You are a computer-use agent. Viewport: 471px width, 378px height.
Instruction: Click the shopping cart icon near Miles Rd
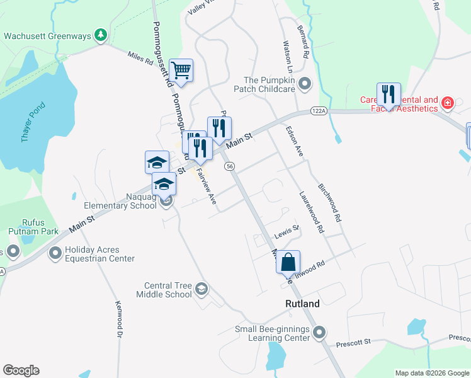point(181,70)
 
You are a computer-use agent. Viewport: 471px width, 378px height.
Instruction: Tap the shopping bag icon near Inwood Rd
point(288,261)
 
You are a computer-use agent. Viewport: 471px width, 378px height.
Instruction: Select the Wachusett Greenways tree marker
point(100,35)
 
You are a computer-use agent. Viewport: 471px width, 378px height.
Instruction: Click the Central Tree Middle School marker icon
point(201,289)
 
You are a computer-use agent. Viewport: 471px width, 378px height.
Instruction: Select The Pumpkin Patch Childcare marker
point(305,84)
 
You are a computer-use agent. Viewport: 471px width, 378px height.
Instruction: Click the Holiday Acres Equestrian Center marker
point(55,253)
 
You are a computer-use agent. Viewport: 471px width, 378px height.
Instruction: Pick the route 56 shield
point(230,165)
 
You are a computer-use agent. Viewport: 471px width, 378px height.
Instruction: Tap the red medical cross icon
point(447,103)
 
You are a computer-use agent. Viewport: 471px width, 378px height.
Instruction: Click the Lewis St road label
point(287,233)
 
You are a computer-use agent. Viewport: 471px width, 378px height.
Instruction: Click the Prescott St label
point(353,341)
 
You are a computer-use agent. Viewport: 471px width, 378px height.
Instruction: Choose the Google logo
point(21,370)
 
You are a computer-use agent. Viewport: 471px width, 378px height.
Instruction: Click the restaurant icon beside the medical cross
point(389,94)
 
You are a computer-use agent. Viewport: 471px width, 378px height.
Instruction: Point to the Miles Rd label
point(140,59)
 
